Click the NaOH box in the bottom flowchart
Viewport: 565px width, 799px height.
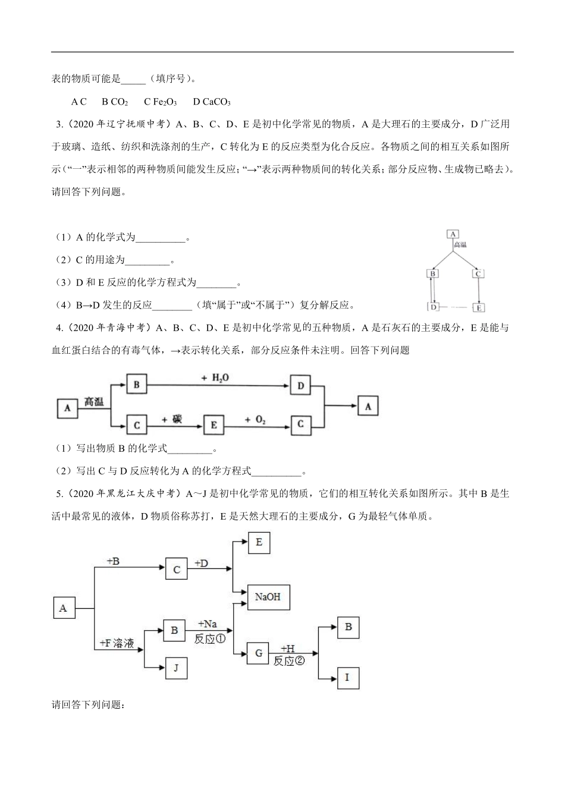coord(268,596)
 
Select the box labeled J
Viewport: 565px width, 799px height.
coord(175,668)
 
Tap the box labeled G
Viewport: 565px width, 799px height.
coord(258,652)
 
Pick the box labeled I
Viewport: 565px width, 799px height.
coord(348,677)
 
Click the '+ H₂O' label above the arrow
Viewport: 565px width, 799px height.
coord(215,378)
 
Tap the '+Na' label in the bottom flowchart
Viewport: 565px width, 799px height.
coord(207,624)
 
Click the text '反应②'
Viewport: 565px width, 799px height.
coord(288,660)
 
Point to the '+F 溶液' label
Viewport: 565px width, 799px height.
coord(117,643)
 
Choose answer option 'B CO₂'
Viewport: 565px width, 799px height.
coord(115,102)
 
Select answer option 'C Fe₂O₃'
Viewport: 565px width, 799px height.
coord(160,102)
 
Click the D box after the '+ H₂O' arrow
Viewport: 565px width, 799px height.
coord(301,386)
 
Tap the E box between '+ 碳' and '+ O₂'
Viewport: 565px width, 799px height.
coord(214,424)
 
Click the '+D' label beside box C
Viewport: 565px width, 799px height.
coord(202,563)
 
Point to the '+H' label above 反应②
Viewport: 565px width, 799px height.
coord(287,649)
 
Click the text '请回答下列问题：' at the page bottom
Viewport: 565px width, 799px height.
coord(88,705)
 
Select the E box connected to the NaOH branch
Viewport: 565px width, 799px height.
coord(259,543)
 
